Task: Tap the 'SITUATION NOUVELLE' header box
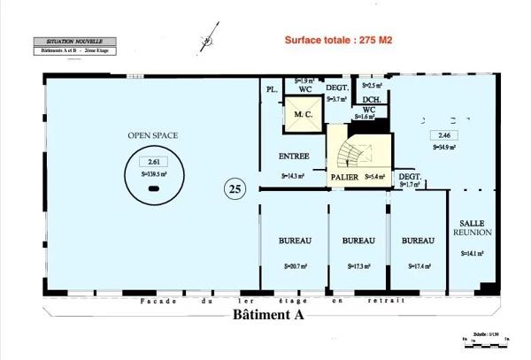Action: [73, 42]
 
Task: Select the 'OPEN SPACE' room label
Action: [154, 135]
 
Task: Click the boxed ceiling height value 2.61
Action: [154, 162]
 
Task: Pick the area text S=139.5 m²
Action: [154, 175]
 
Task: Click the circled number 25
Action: [235, 188]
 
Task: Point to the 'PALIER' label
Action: [345, 176]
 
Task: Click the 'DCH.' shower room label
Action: [372, 99]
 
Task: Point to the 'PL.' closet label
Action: [271, 90]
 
